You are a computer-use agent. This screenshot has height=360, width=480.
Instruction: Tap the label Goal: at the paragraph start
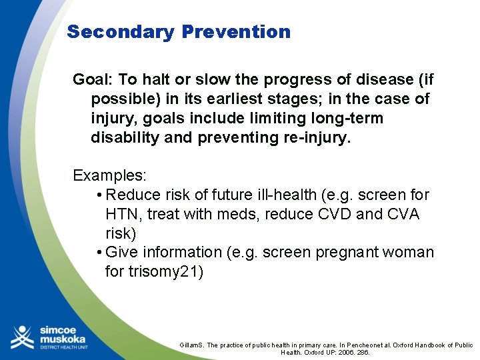click(93, 80)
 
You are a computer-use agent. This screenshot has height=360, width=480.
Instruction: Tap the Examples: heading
click(110, 176)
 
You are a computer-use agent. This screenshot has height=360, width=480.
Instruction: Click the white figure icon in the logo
click(21, 337)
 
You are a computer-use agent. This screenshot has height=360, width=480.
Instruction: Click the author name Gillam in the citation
click(191, 345)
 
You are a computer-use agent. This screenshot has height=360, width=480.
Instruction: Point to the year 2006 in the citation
click(344, 353)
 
